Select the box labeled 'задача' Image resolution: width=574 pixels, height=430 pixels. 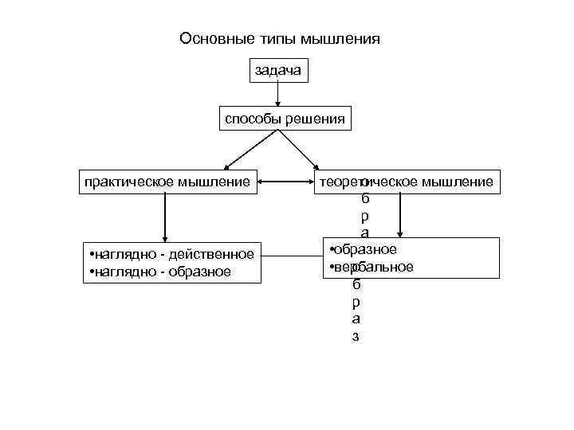tap(277, 71)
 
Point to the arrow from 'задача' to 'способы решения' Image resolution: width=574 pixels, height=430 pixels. tap(277, 94)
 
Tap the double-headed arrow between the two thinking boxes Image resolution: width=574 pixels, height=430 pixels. tap(285, 182)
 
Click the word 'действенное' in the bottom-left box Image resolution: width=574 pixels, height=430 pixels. tap(218, 254)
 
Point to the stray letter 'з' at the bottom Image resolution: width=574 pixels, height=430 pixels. tap(356, 336)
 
